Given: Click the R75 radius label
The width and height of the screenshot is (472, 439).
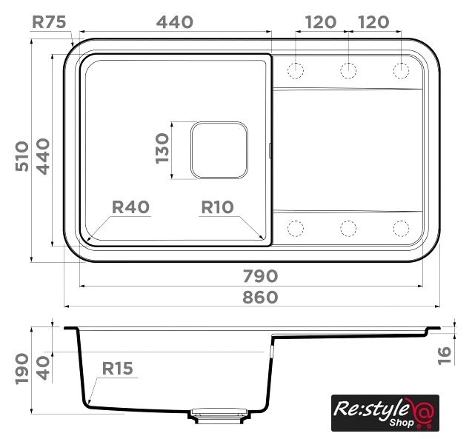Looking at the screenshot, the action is coord(49,22).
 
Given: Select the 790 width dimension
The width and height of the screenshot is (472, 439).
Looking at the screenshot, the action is coord(260,276).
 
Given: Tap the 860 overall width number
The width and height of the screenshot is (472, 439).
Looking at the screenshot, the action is coord(260,297).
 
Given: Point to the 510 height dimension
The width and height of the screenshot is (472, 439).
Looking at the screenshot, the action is coord(22,156).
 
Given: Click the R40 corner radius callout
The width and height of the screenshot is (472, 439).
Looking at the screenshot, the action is coord(130,207).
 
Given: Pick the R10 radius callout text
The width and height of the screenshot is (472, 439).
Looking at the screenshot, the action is coord(217,207).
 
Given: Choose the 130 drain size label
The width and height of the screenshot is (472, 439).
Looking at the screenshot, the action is coord(162,149).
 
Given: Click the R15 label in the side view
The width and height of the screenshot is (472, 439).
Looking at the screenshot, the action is coord(117,369).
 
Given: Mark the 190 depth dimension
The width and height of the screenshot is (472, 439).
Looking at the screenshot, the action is coord(22,369).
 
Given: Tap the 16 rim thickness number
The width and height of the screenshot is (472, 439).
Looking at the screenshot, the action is coord(445,355).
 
